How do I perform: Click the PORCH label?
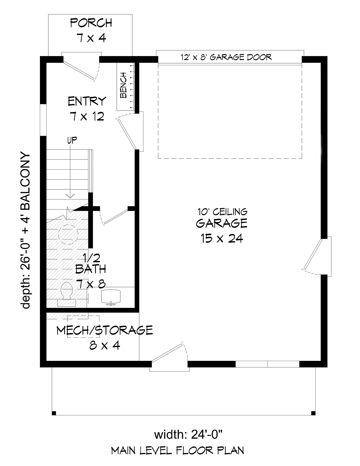pos(91,23)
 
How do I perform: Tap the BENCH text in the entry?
pos(123,85)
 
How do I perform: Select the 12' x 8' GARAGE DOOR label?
pos(226,57)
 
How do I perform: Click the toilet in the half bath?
pos(67,294)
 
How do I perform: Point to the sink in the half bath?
pos(111,298)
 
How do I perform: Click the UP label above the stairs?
pos(72,140)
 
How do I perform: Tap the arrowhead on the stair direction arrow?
pos(70,196)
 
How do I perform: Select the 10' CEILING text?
pos(222,212)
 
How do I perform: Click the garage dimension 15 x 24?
pos(222,239)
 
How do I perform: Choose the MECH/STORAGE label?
pos(104,331)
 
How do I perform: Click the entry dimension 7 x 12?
pos(87,117)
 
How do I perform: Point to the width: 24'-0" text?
pos(188,435)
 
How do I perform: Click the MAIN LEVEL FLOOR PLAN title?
pos(178,450)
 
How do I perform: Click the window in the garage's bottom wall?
pos(267,364)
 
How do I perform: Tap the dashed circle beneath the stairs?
pos(68,234)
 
